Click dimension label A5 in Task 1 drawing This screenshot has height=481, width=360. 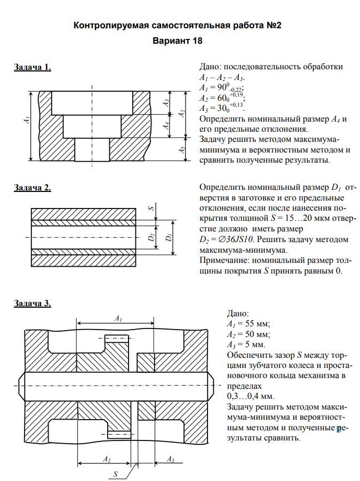182,150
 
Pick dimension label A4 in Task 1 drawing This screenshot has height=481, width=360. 167,126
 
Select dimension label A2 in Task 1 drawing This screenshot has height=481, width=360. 182,113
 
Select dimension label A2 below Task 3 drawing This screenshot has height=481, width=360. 106,459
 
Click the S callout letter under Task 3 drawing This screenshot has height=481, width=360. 115,474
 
